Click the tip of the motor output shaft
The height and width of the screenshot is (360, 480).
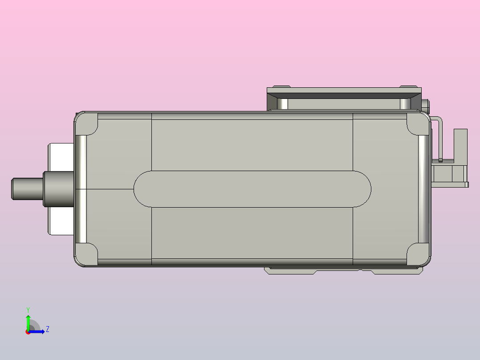[x=13, y=189]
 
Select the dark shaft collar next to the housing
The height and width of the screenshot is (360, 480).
[x=58, y=189]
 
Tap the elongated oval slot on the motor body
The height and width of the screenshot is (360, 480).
[x=252, y=189]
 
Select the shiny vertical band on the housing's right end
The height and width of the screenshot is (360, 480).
[x=423, y=189]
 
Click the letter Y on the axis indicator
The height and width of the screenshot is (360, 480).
[x=28, y=309]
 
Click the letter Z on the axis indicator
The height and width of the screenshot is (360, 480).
[x=47, y=329]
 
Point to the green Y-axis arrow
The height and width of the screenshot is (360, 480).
[x=28, y=322]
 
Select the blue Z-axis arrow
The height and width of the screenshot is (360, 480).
[x=38, y=331]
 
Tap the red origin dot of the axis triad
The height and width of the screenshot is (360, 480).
[x=28, y=332]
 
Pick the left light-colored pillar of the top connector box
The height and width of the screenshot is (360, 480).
[x=282, y=104]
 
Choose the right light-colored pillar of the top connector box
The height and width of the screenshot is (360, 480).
[x=405, y=104]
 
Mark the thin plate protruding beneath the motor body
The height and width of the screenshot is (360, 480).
[x=343, y=270]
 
